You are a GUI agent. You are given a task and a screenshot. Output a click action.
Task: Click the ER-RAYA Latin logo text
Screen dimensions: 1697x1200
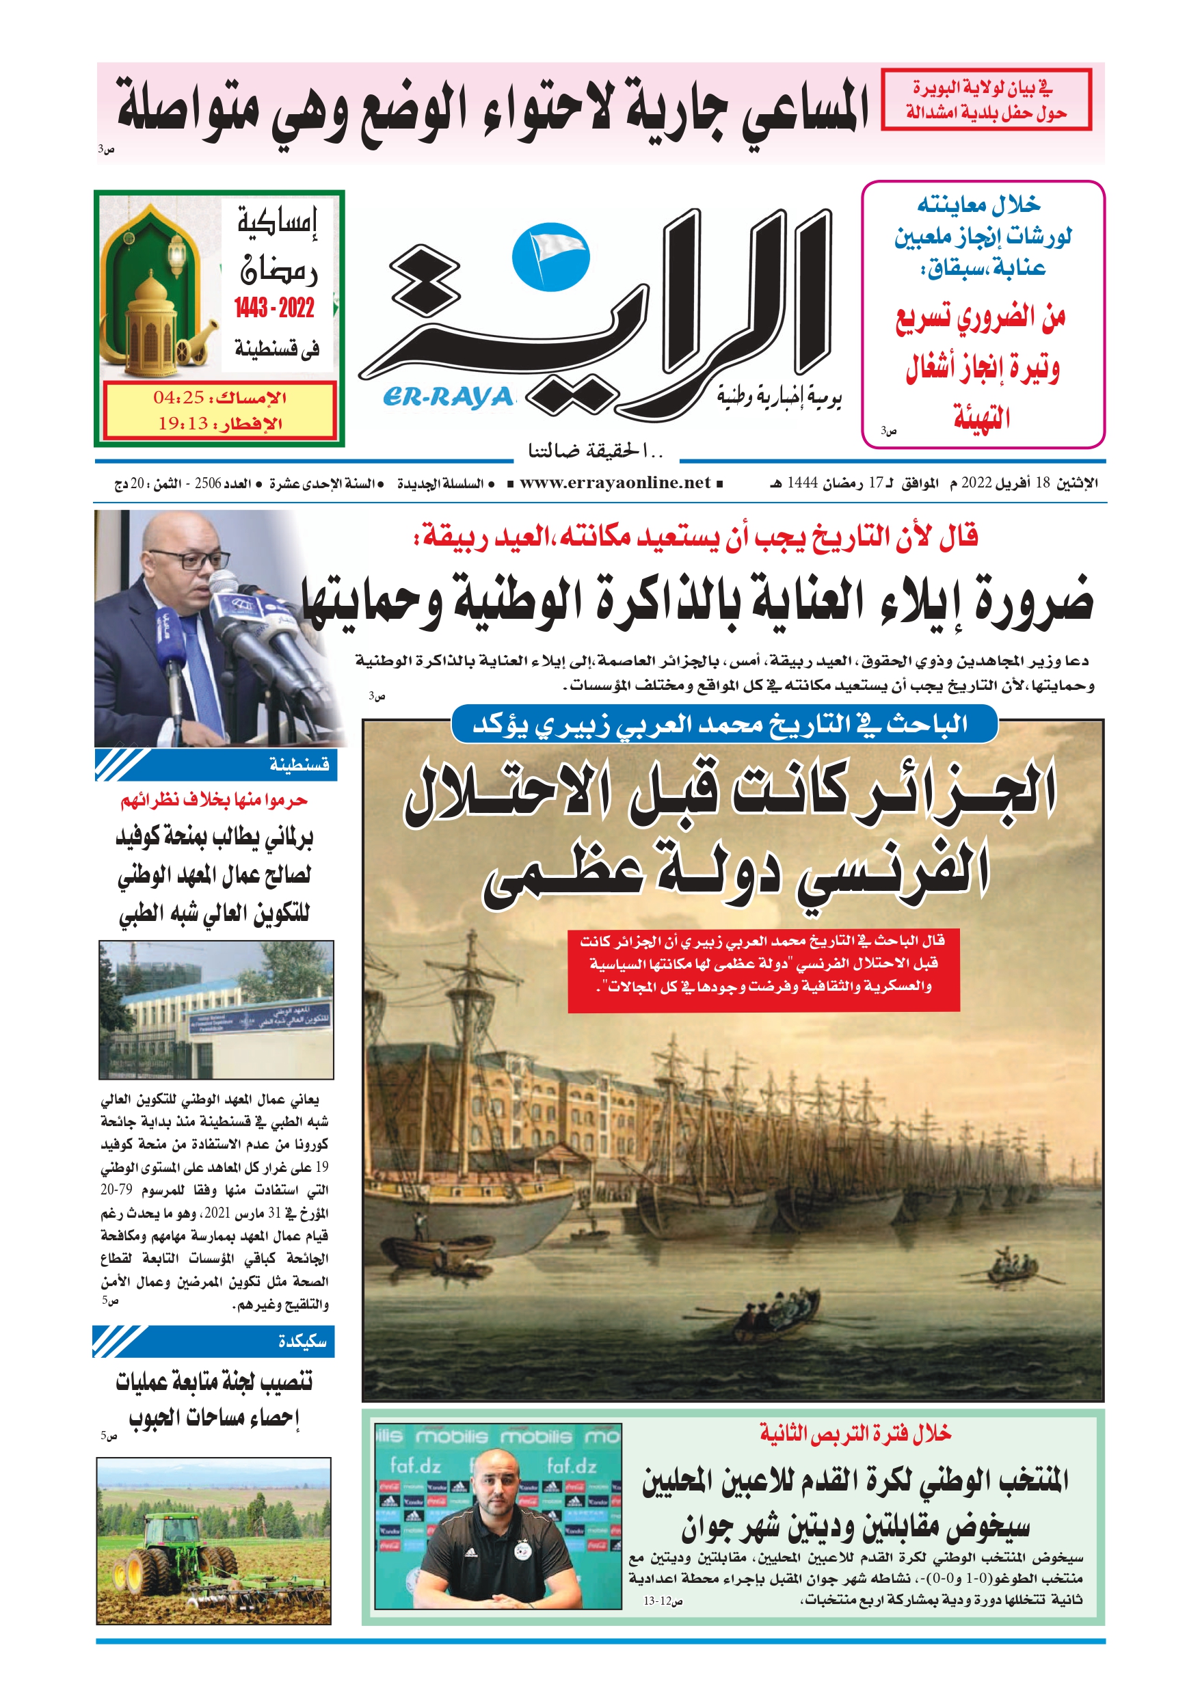click(x=447, y=398)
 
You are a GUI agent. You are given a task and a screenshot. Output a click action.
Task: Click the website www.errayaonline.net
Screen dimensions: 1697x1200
click(x=615, y=483)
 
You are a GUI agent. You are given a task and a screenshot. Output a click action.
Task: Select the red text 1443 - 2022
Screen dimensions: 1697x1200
click(x=274, y=308)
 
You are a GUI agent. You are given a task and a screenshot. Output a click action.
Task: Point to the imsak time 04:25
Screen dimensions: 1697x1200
click(x=178, y=398)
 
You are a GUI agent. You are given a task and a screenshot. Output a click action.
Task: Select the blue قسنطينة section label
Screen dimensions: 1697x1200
click(x=299, y=764)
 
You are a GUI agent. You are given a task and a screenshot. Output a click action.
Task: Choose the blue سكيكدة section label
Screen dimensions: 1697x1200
click(x=302, y=1341)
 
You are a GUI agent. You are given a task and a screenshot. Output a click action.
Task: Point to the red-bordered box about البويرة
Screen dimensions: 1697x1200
click(x=985, y=100)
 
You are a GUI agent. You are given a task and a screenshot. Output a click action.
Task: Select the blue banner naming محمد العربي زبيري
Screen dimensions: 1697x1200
click(x=723, y=725)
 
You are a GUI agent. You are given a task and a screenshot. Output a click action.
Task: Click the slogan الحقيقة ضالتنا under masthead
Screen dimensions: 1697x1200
click(x=595, y=449)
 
